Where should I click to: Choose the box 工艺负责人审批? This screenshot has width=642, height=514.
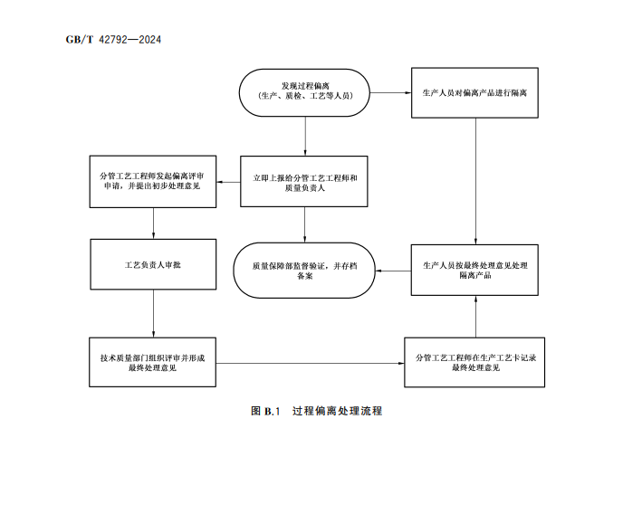(x=153, y=263)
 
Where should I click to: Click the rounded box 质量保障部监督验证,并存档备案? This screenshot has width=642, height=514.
(x=304, y=270)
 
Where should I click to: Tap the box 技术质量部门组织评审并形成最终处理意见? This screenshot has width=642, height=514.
(x=153, y=363)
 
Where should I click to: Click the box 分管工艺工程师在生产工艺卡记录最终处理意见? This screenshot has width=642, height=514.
(x=474, y=363)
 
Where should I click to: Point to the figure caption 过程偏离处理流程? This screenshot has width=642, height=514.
(x=337, y=411)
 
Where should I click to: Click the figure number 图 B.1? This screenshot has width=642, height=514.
(x=267, y=411)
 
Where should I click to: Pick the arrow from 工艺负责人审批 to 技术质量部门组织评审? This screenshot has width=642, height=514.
(x=153, y=313)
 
